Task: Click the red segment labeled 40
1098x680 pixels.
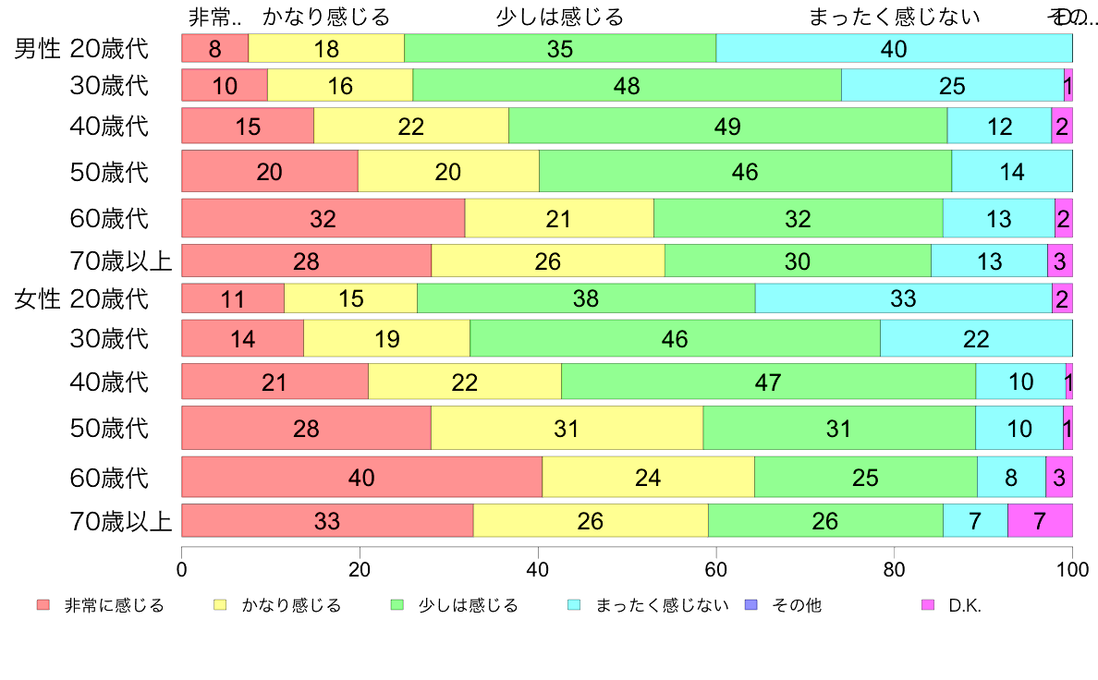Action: pos(361,478)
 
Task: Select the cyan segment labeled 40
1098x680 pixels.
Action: pos(894,48)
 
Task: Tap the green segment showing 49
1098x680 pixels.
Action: pos(727,126)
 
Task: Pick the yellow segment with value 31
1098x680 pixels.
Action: pos(567,429)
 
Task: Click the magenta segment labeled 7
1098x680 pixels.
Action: pos(1040,521)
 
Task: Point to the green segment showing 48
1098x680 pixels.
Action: pos(627,86)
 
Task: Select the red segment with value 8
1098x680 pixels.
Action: pos(214,48)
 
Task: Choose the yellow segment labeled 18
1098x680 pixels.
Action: pos(326,48)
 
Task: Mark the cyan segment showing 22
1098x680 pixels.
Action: pos(976,339)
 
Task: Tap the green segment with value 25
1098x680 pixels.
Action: pos(866,478)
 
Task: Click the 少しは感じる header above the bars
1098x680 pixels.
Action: pos(559,17)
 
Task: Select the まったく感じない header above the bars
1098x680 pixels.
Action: pos(893,17)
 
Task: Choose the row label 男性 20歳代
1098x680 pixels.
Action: pos(81,48)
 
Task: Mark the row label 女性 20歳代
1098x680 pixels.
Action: pos(81,298)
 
